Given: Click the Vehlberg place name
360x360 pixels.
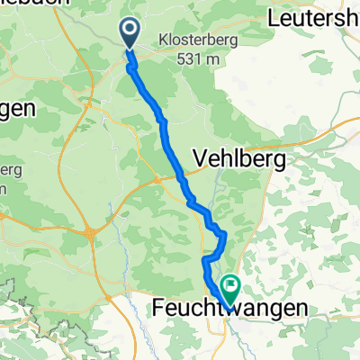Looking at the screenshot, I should point(239,160).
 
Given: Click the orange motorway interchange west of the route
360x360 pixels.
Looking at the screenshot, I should point(93,233).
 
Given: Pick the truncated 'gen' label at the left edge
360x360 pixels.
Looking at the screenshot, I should point(16,109).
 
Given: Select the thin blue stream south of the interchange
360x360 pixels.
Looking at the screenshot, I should point(115,270).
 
